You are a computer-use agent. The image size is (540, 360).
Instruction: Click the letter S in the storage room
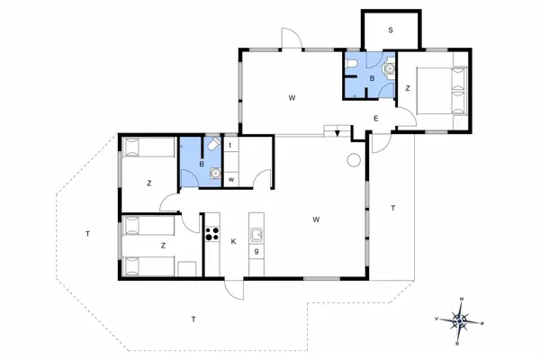pyautogui.click(x=391, y=31)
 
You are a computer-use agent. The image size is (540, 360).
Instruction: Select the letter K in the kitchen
pyautogui.click(x=233, y=241)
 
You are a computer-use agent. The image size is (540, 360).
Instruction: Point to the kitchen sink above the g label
pyautogui.click(x=256, y=236)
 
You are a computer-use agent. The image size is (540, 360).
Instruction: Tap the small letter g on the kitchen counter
pyautogui.click(x=256, y=251)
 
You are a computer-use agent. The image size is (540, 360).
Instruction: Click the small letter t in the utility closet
pyautogui.click(x=231, y=145)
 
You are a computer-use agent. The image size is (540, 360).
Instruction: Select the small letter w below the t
pyautogui.click(x=231, y=179)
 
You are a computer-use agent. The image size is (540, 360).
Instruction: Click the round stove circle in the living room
pyautogui.click(x=354, y=160)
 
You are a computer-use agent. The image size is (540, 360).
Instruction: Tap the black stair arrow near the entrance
pyautogui.click(x=337, y=133)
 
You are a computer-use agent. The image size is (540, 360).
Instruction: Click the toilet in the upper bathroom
pyautogui.click(x=388, y=67)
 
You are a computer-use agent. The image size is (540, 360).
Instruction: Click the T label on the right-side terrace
pyautogui.click(x=393, y=208)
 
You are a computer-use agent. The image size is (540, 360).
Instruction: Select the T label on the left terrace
pyautogui.click(x=87, y=234)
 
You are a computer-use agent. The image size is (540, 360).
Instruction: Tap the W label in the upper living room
pyautogui.click(x=292, y=96)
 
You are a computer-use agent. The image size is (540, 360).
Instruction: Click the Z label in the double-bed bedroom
pyautogui.click(x=408, y=88)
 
